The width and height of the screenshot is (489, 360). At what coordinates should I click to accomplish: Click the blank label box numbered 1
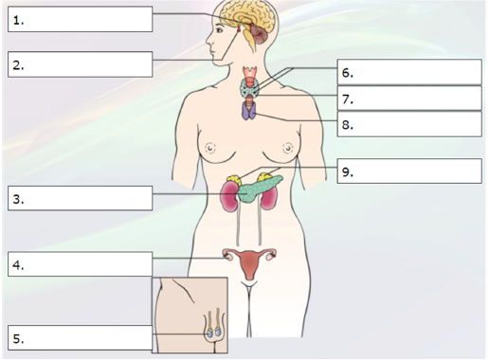(x=81, y=19)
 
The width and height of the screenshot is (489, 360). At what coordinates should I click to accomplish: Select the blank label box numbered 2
(x=81, y=64)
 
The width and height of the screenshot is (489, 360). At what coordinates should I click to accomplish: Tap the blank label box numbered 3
(x=81, y=198)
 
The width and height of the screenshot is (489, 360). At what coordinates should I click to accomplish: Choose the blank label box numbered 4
(x=81, y=264)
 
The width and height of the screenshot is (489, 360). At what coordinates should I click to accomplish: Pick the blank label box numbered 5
(x=81, y=337)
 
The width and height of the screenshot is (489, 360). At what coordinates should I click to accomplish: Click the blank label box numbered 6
(x=409, y=72)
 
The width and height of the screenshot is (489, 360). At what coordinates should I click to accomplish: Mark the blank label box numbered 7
(x=409, y=99)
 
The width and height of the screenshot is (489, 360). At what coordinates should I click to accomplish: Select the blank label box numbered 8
(x=409, y=124)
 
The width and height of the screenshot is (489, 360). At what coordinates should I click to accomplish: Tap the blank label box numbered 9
(x=409, y=171)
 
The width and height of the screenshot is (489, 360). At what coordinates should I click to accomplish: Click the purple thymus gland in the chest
(x=249, y=111)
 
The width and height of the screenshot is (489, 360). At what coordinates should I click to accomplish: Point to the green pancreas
(x=259, y=189)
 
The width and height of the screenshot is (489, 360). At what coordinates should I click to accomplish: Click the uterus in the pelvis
(x=250, y=264)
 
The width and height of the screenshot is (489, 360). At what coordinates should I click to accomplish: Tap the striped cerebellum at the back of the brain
(x=259, y=35)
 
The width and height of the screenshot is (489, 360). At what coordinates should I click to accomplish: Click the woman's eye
(x=219, y=30)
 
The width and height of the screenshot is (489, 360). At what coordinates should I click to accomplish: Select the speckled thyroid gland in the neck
(x=250, y=87)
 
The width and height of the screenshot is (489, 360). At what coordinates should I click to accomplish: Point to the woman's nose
(x=209, y=40)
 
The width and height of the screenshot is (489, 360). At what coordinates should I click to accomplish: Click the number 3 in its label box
(x=17, y=199)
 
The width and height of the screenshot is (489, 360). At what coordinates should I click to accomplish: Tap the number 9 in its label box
(x=346, y=171)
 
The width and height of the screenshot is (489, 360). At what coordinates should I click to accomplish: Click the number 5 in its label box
(x=17, y=338)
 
